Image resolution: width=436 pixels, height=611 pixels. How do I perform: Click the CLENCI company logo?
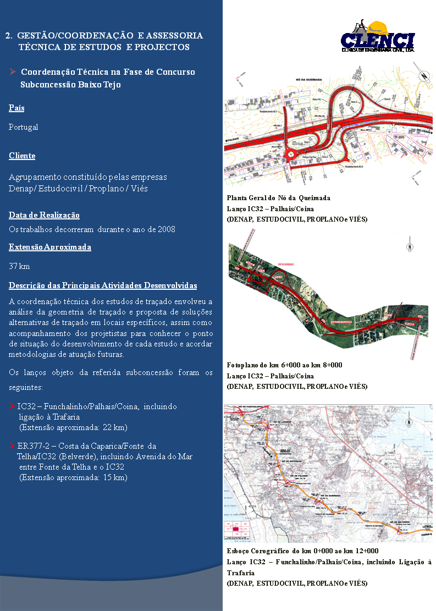(x=377, y=38)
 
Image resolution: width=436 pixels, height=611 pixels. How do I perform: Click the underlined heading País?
(x=16, y=108)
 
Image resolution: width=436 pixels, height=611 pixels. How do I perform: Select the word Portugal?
(x=24, y=127)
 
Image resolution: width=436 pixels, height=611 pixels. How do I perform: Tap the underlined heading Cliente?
(x=22, y=156)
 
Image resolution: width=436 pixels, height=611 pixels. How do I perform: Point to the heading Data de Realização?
(x=44, y=215)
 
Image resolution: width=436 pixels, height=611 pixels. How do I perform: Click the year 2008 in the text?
(x=166, y=229)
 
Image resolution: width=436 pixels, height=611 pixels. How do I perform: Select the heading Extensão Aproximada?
(x=50, y=247)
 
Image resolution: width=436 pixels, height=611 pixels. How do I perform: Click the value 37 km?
(x=20, y=267)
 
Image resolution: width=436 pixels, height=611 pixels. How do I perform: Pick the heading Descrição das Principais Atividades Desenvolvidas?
(x=103, y=286)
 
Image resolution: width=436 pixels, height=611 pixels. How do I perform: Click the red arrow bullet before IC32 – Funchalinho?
(x=13, y=406)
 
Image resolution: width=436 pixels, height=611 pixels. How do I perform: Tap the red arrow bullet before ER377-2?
(x=13, y=446)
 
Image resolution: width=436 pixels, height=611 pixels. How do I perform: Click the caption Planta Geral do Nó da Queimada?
(x=278, y=198)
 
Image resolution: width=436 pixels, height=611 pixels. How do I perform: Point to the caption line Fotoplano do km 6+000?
(x=284, y=365)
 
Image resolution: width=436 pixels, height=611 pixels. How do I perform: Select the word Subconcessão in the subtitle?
(x=44, y=85)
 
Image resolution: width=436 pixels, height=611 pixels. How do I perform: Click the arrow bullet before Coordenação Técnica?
(x=13, y=72)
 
